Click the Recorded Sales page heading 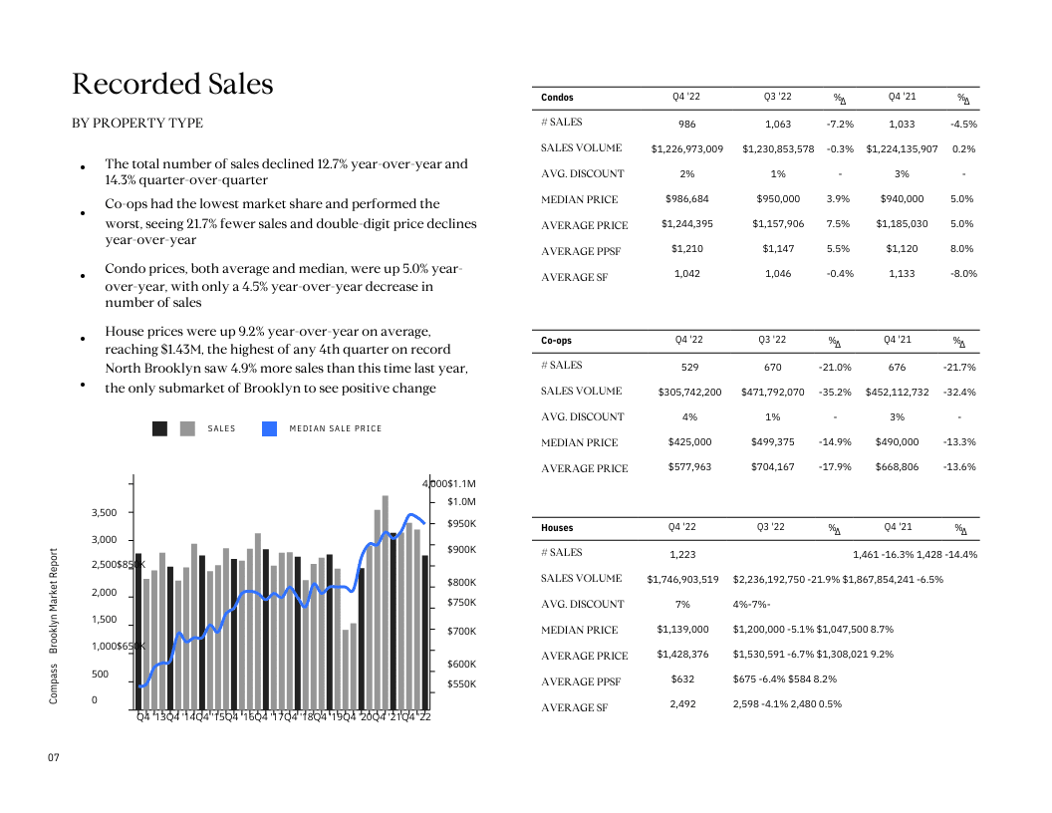[x=172, y=85]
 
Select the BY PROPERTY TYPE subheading [x=137, y=124]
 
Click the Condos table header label [x=557, y=98]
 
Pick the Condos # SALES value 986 [x=687, y=125]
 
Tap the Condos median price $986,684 [x=687, y=199]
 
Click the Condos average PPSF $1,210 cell [x=687, y=249]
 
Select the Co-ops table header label [x=556, y=341]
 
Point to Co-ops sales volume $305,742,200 [x=689, y=393]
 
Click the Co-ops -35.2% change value [x=835, y=393]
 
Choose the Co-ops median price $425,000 [x=689, y=442]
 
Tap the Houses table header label [x=557, y=528]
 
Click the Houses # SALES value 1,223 [x=683, y=555]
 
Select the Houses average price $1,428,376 [x=682, y=656]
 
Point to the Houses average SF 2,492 [x=683, y=704]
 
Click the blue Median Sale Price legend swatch [x=269, y=428]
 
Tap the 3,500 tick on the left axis [x=105, y=513]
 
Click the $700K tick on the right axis [x=461, y=632]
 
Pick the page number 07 [x=54, y=759]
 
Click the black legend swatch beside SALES [x=159, y=428]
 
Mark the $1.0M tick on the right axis [x=461, y=502]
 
